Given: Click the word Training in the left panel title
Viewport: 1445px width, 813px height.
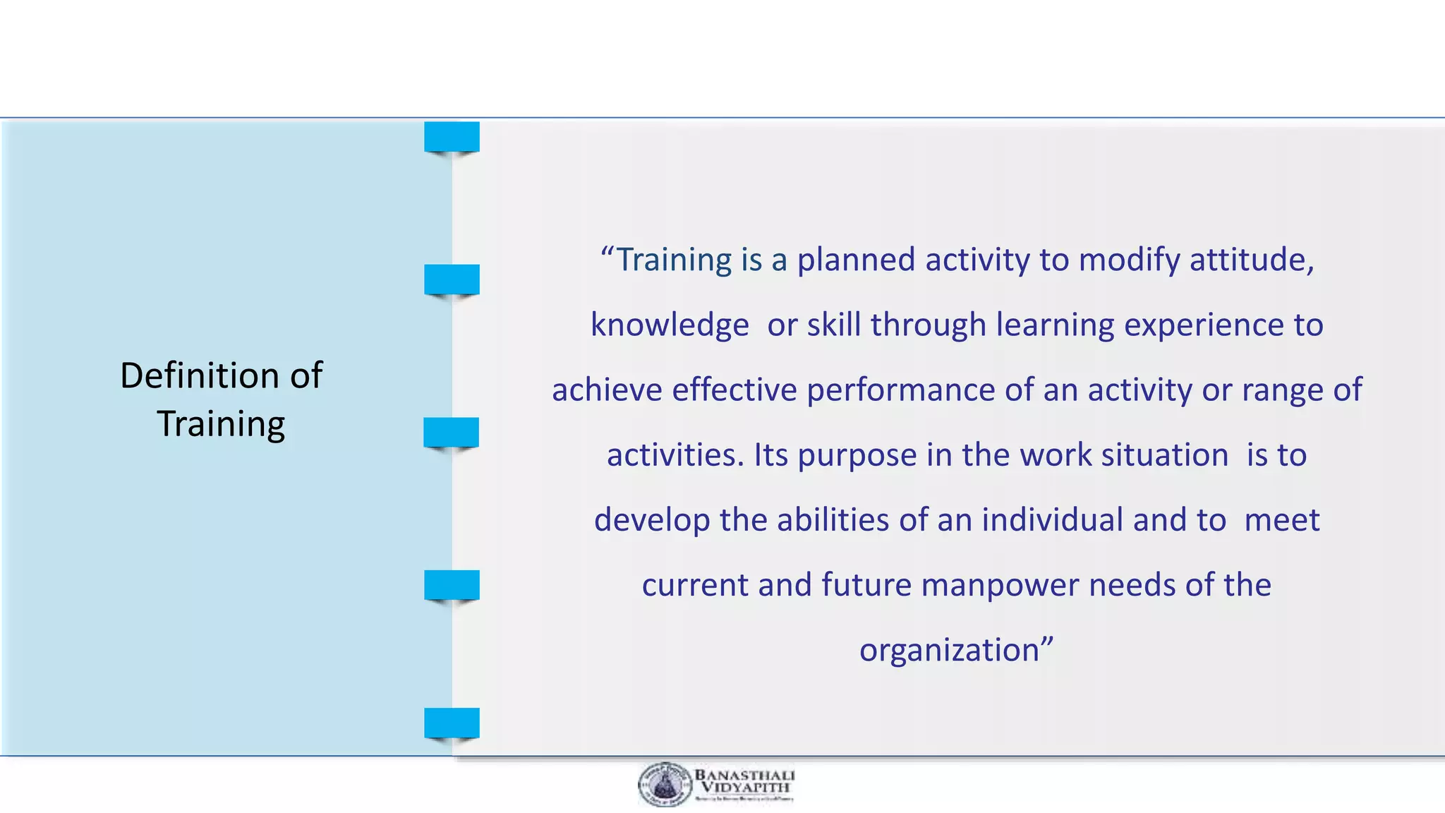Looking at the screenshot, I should (x=221, y=424).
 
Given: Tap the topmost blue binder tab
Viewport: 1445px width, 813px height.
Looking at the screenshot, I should (x=452, y=137).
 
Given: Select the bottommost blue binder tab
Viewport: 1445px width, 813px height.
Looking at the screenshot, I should (x=452, y=723).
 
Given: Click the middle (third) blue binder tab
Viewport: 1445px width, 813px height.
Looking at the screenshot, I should (x=451, y=432).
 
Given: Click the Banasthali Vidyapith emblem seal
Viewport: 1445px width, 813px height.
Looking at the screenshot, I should (x=665, y=785).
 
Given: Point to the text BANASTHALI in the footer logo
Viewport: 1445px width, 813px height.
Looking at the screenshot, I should (x=744, y=775).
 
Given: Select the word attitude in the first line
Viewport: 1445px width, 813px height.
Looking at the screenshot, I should (x=1250, y=260).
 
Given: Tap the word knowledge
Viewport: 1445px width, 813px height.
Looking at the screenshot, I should (x=670, y=325).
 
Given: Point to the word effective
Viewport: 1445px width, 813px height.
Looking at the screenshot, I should (x=734, y=390).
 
